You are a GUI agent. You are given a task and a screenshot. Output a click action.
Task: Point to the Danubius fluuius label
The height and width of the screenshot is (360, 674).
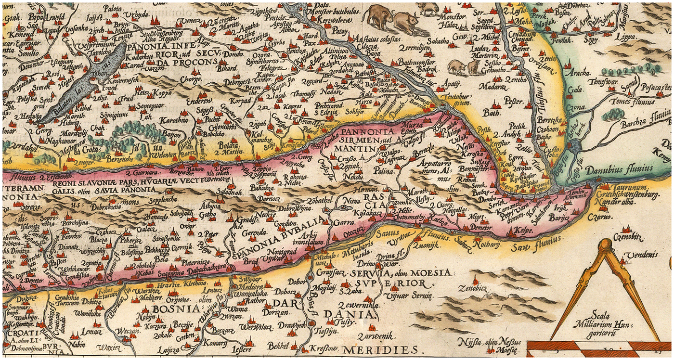tap(618, 168)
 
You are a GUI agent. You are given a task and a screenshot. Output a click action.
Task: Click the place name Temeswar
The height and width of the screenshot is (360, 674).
tap(596, 82)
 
